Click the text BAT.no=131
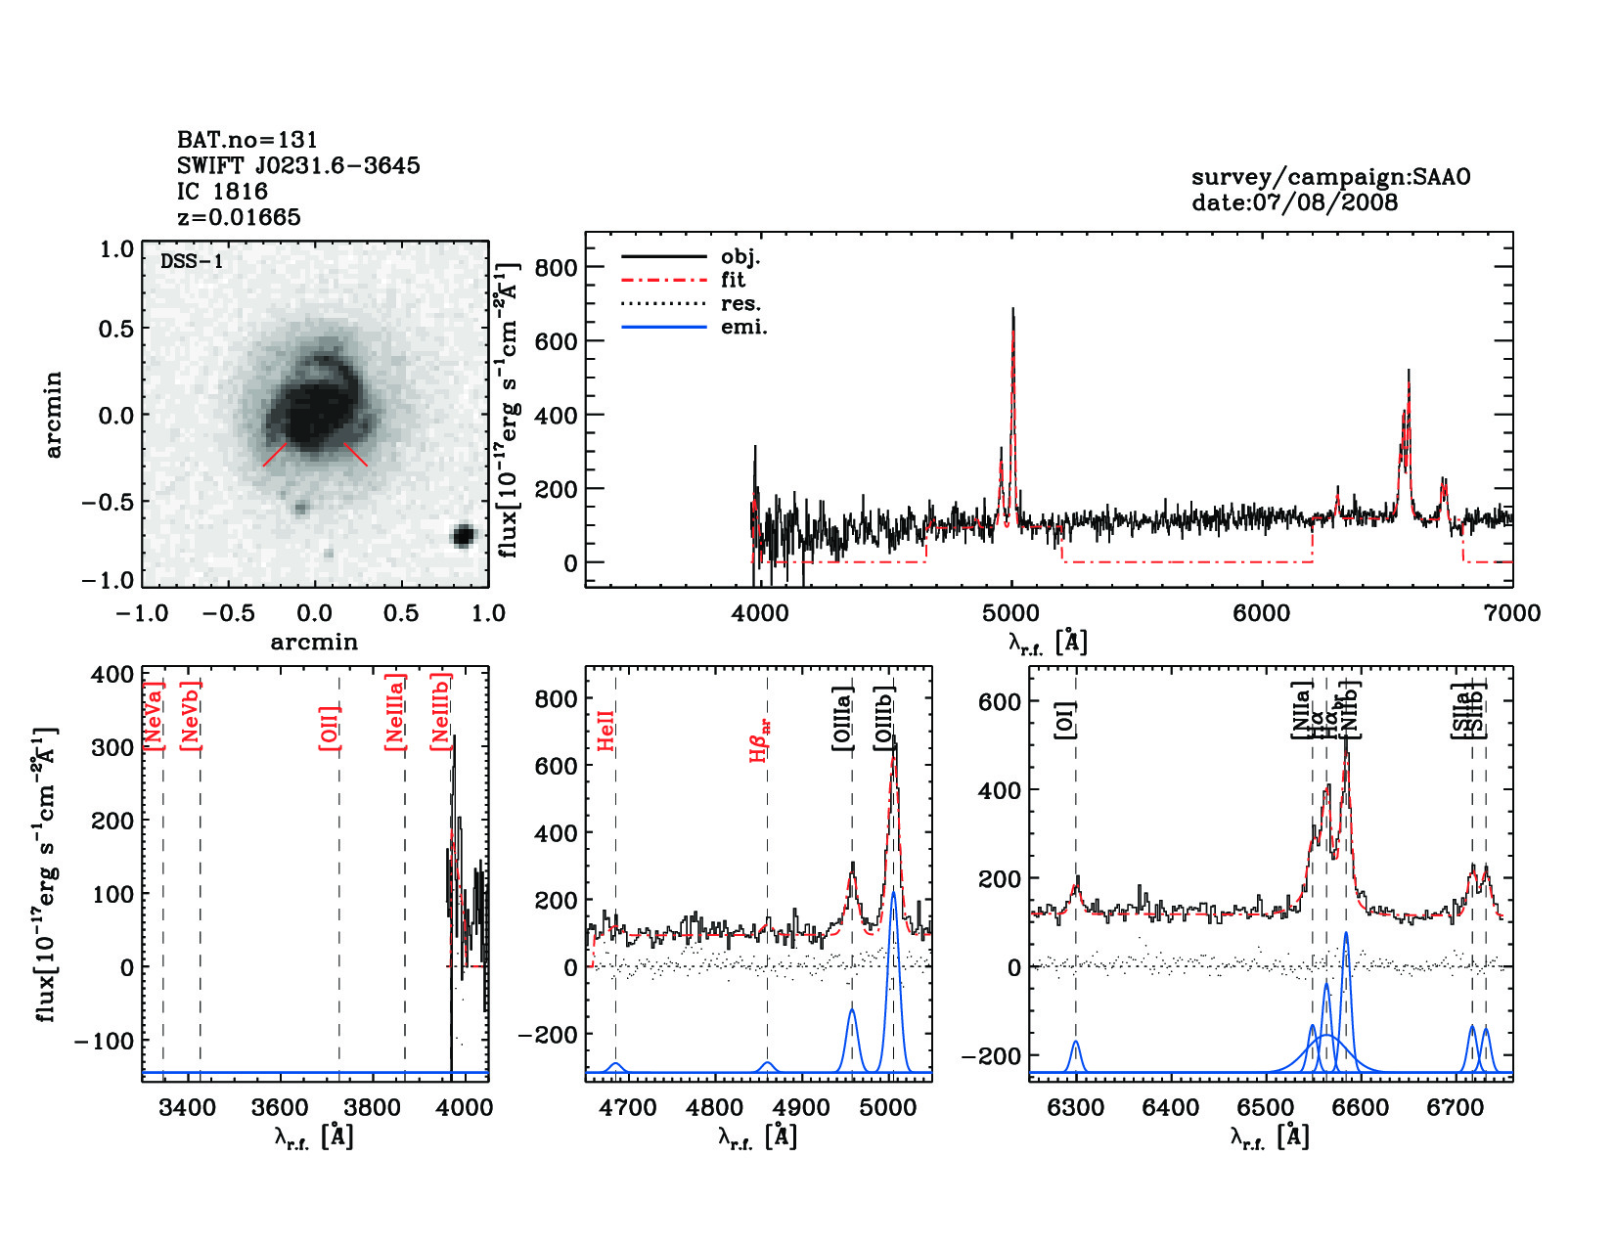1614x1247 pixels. coord(247,140)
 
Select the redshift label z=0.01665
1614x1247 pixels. coord(239,217)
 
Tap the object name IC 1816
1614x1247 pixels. coord(222,192)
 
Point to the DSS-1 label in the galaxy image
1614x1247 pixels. coord(192,261)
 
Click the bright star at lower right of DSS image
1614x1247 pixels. coord(463,535)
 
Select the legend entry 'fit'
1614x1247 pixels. coord(733,280)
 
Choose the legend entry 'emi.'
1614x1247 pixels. coord(743,327)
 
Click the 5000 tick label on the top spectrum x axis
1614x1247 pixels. coord(1010,613)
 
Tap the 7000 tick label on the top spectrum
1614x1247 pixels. coord(1511,613)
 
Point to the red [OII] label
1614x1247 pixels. coord(330,728)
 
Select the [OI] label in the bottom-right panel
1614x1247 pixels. coord(1064,720)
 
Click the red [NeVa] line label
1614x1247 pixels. coord(154,715)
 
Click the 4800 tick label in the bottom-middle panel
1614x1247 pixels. coord(716,1108)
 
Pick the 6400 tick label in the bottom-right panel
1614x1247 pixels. coord(1171,1108)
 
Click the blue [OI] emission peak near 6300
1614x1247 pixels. coord(1076,1043)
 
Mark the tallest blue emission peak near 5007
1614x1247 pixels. coord(892,892)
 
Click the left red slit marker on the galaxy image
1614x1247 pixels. coord(275,455)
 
